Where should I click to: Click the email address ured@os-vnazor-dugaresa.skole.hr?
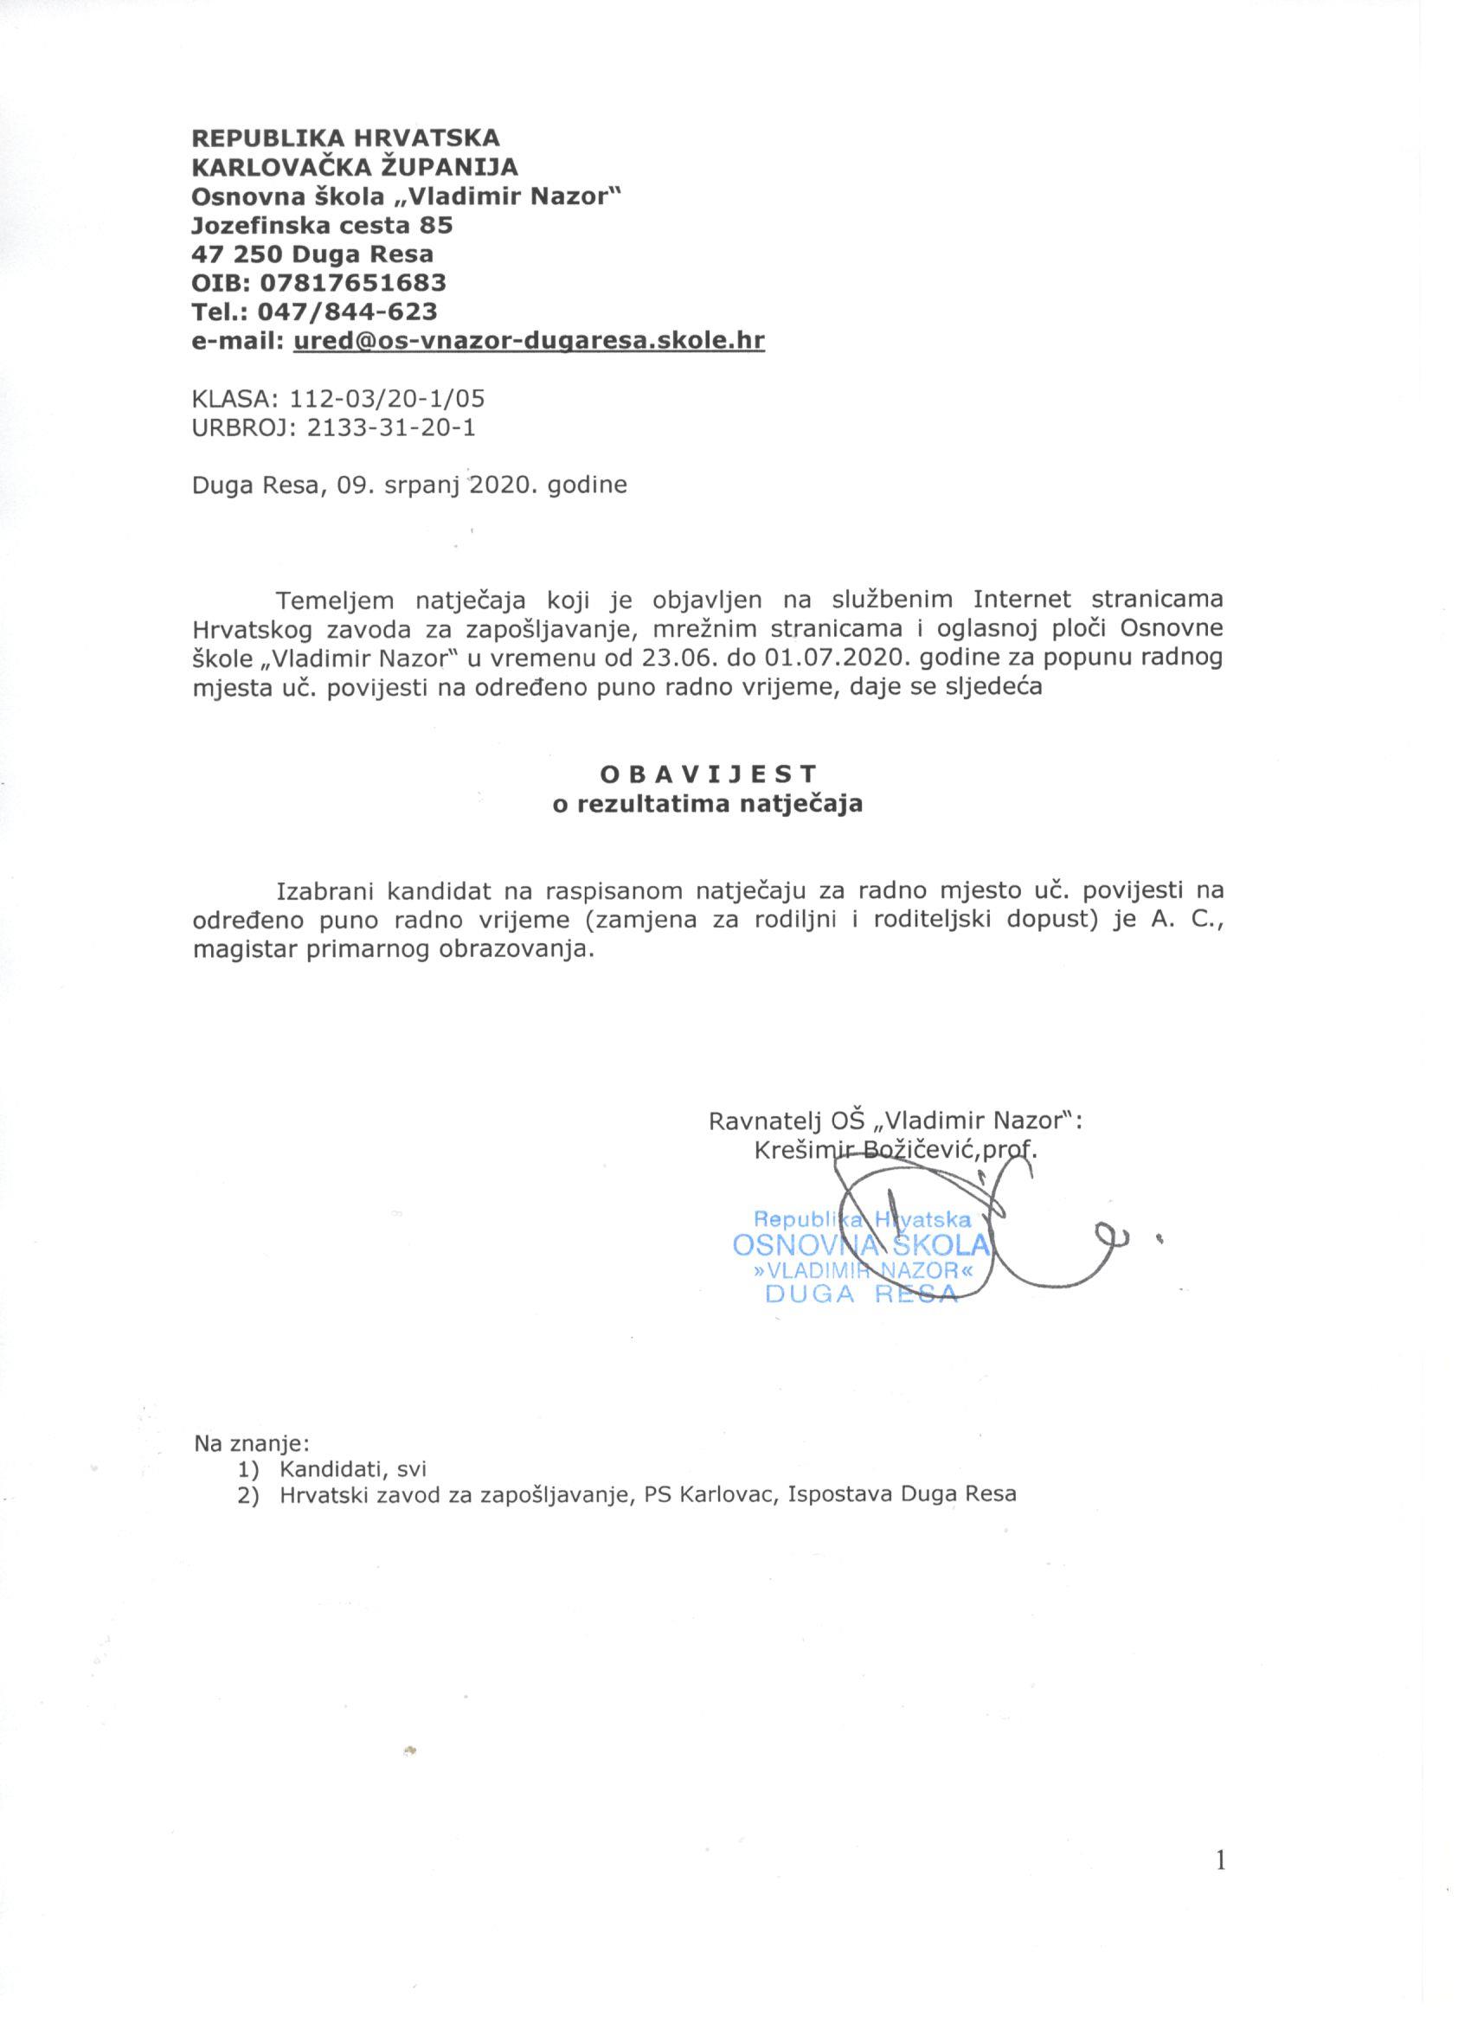528,340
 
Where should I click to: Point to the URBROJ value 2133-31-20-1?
391,427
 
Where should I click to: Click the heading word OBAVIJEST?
709,773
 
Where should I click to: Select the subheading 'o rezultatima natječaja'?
709,803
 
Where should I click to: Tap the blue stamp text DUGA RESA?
862,1295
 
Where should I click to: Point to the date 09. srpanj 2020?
437,485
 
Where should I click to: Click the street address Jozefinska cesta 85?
322,224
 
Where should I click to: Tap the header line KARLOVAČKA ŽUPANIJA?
355,166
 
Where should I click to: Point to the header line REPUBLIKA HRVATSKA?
346,138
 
